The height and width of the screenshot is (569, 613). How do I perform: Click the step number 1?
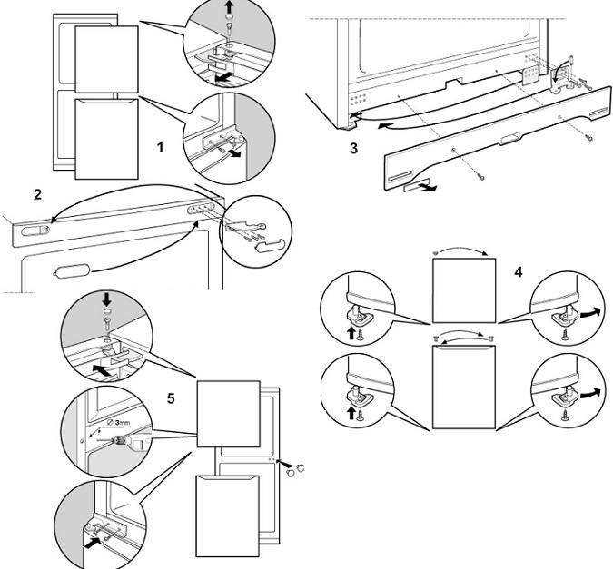click(160, 146)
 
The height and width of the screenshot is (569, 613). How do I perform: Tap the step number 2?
click(38, 194)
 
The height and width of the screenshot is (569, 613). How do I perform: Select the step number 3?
click(353, 148)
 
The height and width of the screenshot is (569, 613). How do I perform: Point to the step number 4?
click(518, 271)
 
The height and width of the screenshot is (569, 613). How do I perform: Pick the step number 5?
click(171, 397)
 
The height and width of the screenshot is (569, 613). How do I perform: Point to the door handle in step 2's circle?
click(269, 245)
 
